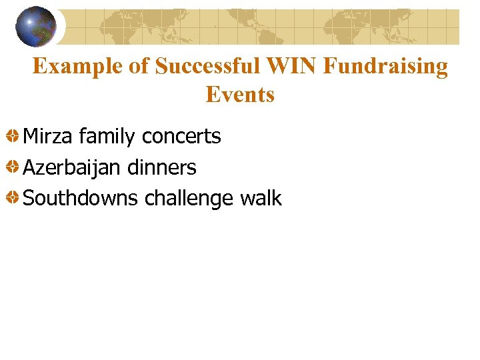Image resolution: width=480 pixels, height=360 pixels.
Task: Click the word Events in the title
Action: (240, 95)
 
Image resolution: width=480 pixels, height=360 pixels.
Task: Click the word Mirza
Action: (48, 137)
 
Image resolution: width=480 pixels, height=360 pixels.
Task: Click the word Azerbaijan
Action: (71, 168)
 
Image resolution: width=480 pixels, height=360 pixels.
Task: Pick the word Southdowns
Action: (81, 199)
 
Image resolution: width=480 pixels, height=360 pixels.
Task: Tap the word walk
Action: (261, 198)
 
